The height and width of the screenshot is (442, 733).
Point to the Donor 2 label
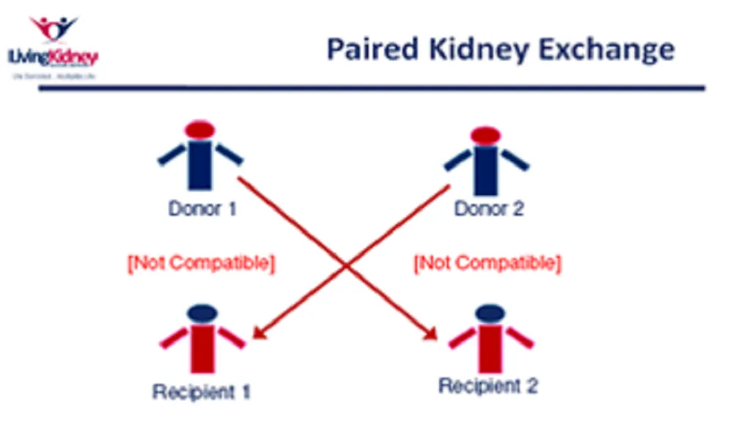pyautogui.click(x=490, y=209)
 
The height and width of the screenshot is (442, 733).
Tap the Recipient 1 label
pyautogui.click(x=201, y=392)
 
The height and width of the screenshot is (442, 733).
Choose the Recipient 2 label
pyautogui.click(x=488, y=386)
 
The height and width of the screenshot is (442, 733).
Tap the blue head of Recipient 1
pyautogui.click(x=202, y=313)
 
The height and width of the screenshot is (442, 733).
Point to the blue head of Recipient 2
pyautogui.click(x=489, y=313)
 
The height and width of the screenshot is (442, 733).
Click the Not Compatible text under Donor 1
pyautogui.click(x=202, y=263)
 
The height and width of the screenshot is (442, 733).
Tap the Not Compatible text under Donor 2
pyautogui.click(x=487, y=262)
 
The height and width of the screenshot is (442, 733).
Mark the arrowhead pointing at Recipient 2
pyautogui.click(x=432, y=336)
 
